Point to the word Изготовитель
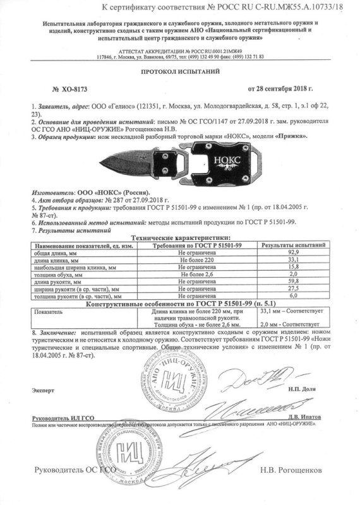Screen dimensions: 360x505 48,191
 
